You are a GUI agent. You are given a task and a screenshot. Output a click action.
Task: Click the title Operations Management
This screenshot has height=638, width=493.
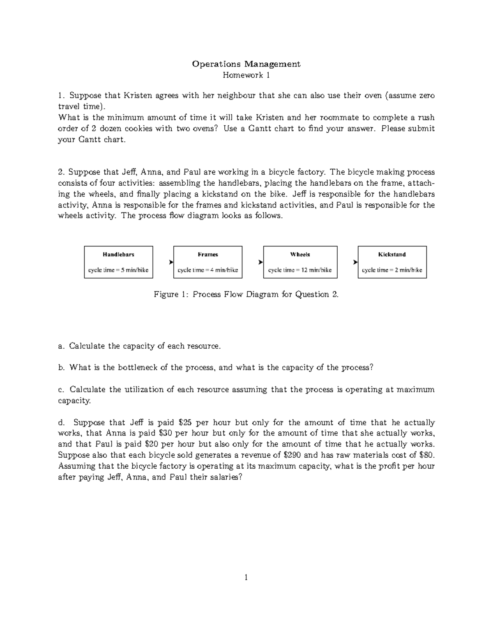coord(246,64)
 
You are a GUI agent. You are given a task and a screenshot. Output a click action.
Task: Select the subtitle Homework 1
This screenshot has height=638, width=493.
coord(246,75)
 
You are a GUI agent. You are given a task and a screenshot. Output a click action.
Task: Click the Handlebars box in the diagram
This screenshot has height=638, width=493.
coord(118,262)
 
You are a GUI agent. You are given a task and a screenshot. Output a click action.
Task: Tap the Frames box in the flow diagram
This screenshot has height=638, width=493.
coord(208,262)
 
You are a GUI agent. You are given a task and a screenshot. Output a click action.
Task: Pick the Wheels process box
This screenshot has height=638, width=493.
coord(300,262)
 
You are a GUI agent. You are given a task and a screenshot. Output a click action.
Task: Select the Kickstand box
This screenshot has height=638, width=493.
coord(392,262)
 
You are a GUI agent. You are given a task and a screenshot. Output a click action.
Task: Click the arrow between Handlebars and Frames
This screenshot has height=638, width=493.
coord(170,262)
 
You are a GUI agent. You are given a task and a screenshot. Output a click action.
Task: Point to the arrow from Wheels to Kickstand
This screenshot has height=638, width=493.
coord(355,262)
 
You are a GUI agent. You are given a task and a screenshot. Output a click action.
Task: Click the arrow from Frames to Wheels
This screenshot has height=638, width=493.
coord(260,262)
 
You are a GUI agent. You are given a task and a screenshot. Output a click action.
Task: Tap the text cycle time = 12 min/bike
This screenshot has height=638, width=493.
coord(300,270)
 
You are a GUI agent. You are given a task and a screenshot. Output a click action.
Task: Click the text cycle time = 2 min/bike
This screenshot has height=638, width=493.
coord(392,270)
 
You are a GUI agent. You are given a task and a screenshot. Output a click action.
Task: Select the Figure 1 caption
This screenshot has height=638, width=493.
coord(246,295)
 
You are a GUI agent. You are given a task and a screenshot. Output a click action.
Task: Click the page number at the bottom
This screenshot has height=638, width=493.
coord(246,578)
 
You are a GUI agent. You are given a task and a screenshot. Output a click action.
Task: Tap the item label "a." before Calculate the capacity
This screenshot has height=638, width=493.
coord(62,346)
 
